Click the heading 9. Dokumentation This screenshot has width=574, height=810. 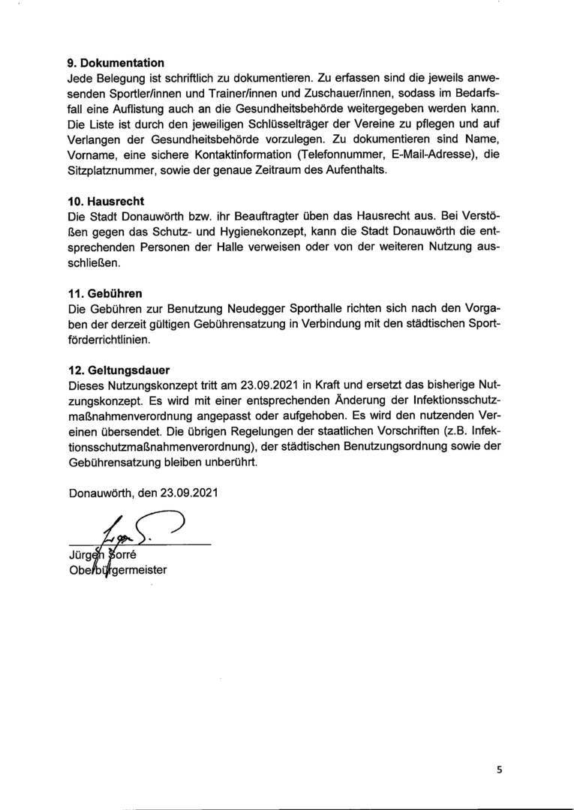click(116, 63)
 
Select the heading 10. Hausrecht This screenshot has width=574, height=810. click(106, 201)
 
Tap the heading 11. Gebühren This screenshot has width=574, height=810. click(105, 292)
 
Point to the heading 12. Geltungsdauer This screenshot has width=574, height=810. click(119, 370)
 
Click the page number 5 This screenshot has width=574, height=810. click(498, 769)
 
